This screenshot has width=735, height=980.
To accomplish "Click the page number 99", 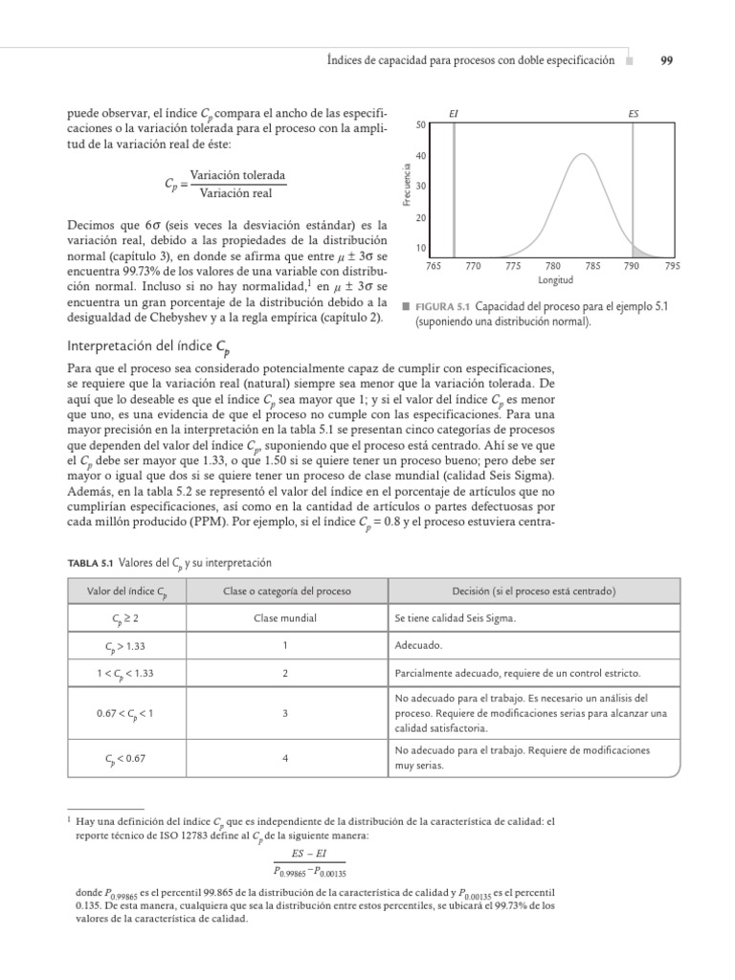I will pyautogui.click(x=667, y=59).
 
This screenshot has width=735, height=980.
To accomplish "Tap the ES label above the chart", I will pyautogui.click(x=633, y=114).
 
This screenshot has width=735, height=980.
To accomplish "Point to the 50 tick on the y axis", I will pyautogui.click(x=421, y=124).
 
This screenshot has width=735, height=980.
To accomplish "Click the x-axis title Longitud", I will pyautogui.click(x=555, y=281).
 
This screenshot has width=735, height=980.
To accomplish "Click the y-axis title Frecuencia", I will pyautogui.click(x=407, y=185).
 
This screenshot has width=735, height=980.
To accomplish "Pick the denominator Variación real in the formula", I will pyautogui.click(x=237, y=193).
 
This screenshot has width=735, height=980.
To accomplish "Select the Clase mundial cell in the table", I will pyautogui.click(x=285, y=618).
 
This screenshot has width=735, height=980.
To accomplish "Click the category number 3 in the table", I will pyautogui.click(x=285, y=714).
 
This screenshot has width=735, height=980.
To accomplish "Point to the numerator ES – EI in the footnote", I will pyautogui.click(x=308, y=854).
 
